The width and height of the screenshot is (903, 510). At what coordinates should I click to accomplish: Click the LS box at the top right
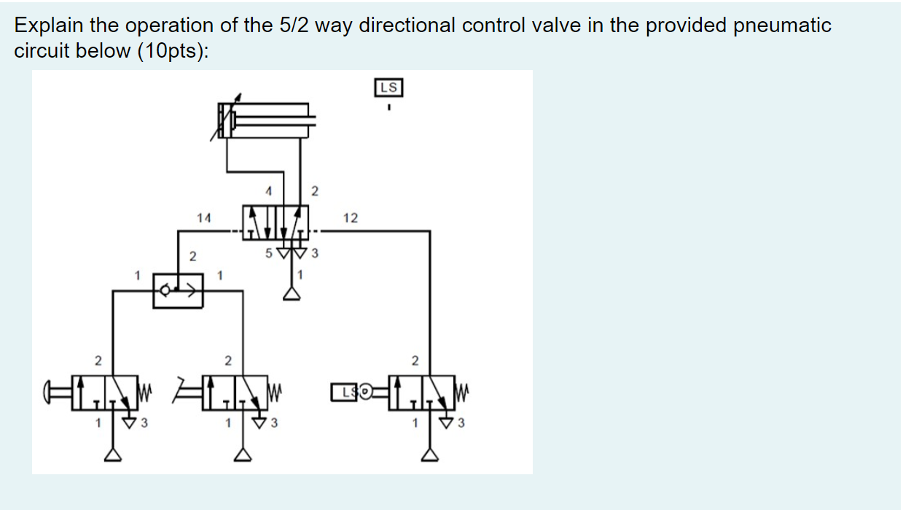389,88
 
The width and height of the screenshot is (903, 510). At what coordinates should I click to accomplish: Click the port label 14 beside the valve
203,217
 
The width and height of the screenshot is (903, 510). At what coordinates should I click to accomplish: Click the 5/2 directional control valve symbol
275,222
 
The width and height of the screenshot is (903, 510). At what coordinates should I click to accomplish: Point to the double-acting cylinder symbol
266,120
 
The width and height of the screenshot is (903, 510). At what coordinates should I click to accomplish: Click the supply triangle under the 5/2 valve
292,293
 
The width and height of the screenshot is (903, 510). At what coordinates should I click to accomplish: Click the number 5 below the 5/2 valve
268,254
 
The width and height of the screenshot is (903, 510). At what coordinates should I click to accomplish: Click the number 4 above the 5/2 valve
268,191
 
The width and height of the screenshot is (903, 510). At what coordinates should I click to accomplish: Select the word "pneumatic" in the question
783,26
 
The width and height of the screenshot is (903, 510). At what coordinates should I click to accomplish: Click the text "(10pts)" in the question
171,53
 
